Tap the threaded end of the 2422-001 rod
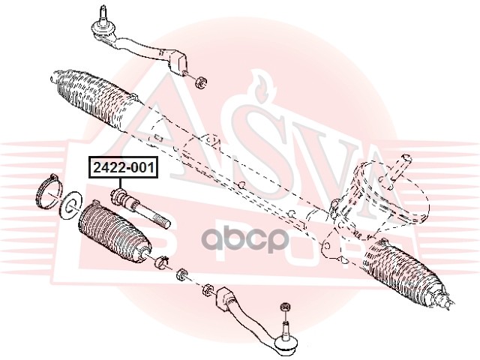[x=160, y=220]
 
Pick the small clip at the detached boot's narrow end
[x=160, y=263]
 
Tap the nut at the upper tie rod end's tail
[x=200, y=80]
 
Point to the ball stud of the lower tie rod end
[x=286, y=331]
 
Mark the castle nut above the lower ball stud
[x=285, y=307]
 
